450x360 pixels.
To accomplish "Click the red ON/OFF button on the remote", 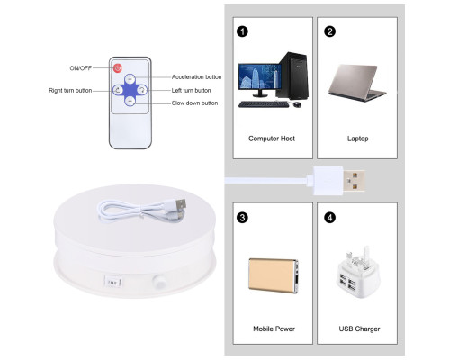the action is point(118,68).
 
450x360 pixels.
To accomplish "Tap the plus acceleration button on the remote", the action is point(130,79).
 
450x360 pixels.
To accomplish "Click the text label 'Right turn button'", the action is point(70,90).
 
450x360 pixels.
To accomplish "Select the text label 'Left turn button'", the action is point(191,90).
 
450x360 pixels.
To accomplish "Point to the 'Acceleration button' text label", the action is point(196,77).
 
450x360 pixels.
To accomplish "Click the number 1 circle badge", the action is point(242,31).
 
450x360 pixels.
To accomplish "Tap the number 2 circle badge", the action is point(329,31).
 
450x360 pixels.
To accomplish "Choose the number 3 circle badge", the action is point(242,218).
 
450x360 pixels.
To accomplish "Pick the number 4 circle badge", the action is point(329,218).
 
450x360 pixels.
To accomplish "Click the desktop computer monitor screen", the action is point(260,76).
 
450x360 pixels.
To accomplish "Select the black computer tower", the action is point(292,76).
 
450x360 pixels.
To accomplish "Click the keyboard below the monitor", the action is point(264,104).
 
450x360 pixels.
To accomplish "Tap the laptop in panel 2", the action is point(356,83).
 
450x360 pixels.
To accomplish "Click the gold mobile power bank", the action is point(274,275).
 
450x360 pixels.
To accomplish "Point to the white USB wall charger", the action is point(358,272).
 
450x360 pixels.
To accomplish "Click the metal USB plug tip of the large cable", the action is point(355,181).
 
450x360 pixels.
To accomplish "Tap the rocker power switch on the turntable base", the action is point(112,282).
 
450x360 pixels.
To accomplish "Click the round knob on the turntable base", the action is point(159,282).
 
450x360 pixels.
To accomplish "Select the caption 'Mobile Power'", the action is point(274,328).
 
